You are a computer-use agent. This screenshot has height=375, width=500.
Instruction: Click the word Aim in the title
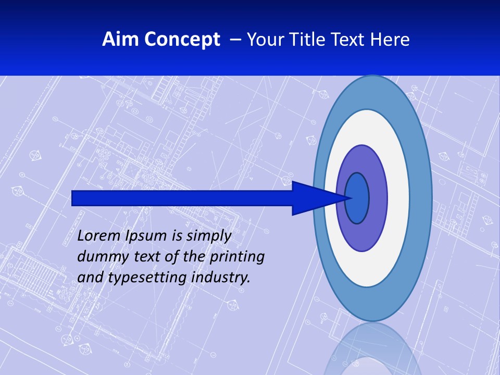[x=121, y=39]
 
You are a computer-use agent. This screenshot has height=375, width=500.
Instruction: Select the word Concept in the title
[x=182, y=39]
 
